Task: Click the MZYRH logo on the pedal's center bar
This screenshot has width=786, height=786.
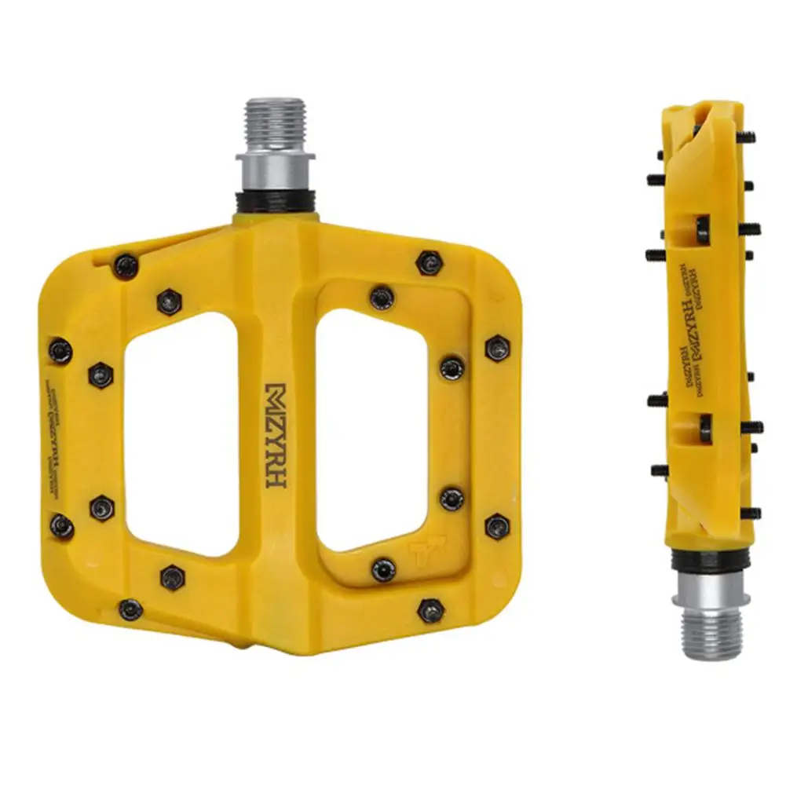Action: pyautogui.click(x=276, y=436)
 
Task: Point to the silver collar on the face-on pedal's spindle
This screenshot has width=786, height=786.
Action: pyautogui.click(x=276, y=169)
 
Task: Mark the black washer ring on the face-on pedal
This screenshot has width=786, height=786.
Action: pyautogui.click(x=276, y=199)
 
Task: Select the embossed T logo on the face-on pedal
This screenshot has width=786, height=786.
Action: pyautogui.click(x=428, y=554)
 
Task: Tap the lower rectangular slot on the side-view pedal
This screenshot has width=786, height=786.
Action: pyautogui.click(x=704, y=427)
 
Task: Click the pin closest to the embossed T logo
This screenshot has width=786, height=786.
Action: pyautogui.click(x=384, y=568)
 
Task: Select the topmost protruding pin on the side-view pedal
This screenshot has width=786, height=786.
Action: pyautogui.click(x=747, y=137)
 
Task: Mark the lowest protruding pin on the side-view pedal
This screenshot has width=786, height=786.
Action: pyautogui.click(x=751, y=514)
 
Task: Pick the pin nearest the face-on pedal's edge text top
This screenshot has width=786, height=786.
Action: pyautogui.click(x=60, y=350)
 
